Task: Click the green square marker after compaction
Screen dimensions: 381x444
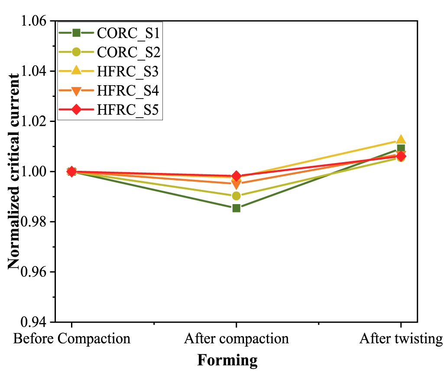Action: pos(236,208)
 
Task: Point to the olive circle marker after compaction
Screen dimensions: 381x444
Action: pos(236,196)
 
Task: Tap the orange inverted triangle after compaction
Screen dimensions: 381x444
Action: pos(236,185)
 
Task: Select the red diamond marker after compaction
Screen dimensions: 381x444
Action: pos(236,176)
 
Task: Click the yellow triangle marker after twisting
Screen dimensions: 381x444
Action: pos(401,140)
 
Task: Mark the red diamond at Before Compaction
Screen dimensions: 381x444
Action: pos(71,172)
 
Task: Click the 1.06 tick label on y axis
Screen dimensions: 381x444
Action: pos(36,21)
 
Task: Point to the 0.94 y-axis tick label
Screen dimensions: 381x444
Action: pos(36,322)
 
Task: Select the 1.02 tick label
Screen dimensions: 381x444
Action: pos(36,121)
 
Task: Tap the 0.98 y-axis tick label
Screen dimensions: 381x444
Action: pos(36,222)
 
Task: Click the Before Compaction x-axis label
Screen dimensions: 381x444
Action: pos(71,338)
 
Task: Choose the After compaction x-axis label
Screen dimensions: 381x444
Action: pos(236,338)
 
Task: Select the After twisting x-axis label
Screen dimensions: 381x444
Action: pos(401,338)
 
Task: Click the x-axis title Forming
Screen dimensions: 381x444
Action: pos(227,360)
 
